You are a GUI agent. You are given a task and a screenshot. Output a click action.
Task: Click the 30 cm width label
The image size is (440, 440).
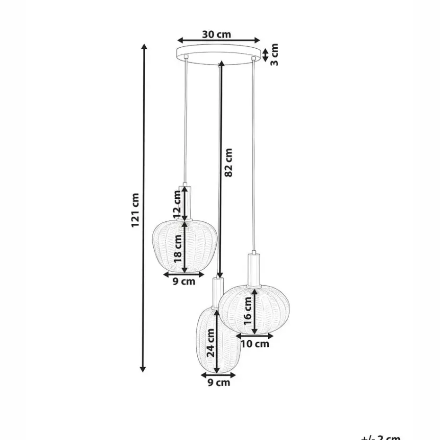pos(217,34)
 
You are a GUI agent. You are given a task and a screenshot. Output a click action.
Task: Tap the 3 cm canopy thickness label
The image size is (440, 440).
pos(274,54)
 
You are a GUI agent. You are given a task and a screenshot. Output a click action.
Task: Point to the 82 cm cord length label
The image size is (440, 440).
pos(229,162)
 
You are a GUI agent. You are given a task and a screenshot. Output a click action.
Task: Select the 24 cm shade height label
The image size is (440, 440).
pos(211,343)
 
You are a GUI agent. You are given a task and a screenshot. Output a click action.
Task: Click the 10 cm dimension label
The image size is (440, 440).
pos(255,343)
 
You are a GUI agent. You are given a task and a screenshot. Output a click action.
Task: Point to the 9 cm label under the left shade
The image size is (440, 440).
pos(184,282)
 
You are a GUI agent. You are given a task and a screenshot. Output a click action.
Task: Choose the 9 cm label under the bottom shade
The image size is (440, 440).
pos(219,382)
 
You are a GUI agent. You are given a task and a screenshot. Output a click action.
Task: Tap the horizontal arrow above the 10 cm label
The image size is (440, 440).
pos(255,336)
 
